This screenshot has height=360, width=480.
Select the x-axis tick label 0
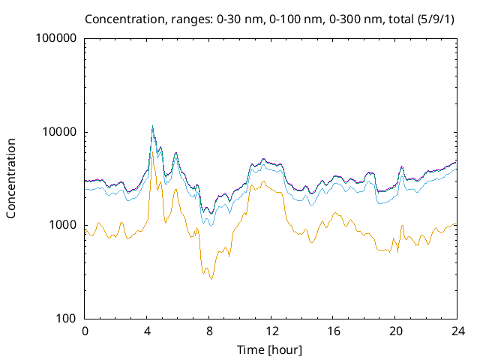85,331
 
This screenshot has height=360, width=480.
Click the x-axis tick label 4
148,331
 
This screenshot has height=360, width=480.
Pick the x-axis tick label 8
210,331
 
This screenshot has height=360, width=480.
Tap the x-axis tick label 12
271,331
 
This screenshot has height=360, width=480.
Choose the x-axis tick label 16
334,331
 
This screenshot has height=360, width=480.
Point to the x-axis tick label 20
396,331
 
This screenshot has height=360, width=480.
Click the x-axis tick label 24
457,331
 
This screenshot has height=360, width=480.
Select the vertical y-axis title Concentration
12,178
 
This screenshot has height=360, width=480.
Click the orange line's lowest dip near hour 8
211,279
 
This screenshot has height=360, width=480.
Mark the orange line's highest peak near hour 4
152,155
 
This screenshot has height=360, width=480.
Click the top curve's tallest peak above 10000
152,126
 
